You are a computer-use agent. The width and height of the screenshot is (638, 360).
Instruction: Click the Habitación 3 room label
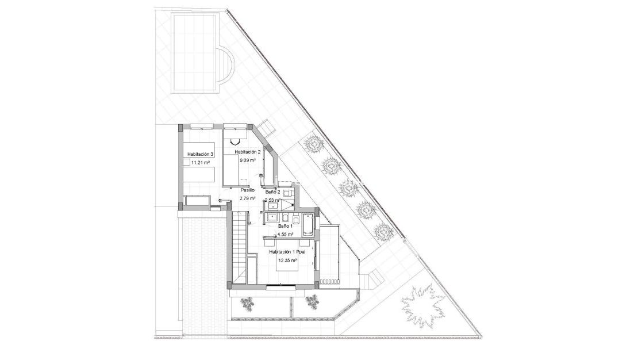[201, 154]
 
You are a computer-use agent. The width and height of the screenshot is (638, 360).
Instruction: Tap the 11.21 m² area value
[201, 163]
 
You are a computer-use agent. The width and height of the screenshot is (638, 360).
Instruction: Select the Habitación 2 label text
[248, 152]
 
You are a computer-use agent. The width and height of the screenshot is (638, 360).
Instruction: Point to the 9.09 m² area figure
[248, 160]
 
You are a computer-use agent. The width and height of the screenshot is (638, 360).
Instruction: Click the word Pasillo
[248, 190]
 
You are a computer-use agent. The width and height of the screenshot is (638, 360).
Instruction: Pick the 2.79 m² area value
[248, 198]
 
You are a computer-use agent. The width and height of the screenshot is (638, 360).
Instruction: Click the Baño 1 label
[285, 227]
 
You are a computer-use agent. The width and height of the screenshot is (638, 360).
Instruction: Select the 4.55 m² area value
[285, 235]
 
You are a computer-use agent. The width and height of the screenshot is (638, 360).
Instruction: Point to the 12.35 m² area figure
[287, 261]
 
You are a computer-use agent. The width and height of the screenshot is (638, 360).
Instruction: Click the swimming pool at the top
[196, 53]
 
